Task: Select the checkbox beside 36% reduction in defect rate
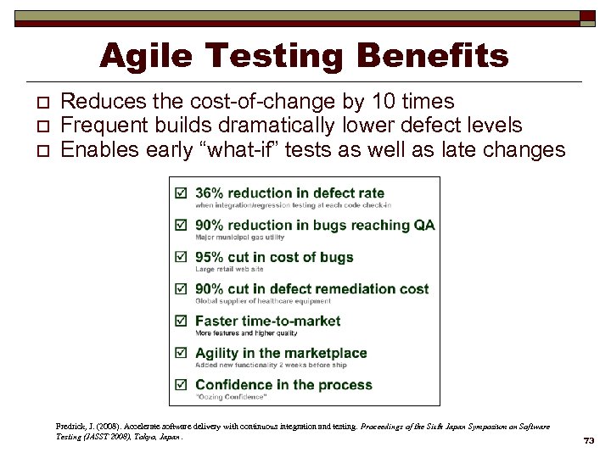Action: (180, 193)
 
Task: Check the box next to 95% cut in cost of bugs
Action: (180, 258)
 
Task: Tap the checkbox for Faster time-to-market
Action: (180, 321)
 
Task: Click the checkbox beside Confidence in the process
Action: (180, 385)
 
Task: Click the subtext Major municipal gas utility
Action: (239, 237)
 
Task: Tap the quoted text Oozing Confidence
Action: (231, 397)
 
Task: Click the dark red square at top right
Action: (587, 17)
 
